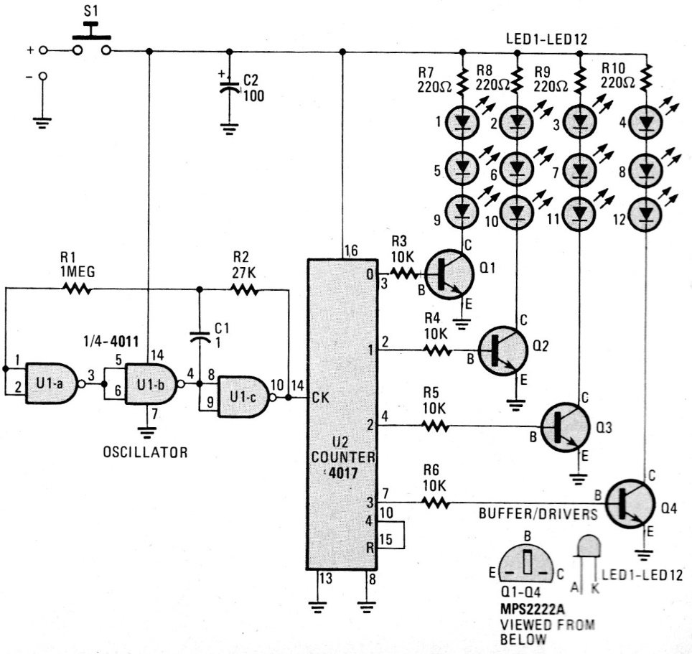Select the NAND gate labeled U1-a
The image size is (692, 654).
point(52,383)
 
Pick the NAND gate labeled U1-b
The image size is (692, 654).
point(151,383)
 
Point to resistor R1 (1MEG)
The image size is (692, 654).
point(78,289)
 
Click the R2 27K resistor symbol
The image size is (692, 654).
point(243,289)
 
